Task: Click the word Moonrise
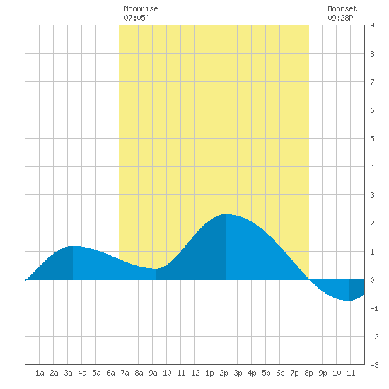(x=141, y=8)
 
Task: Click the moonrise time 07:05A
(x=137, y=18)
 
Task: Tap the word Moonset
(x=342, y=8)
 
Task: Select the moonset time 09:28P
(x=340, y=18)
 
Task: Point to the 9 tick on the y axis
(x=372, y=25)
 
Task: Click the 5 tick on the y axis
(x=372, y=139)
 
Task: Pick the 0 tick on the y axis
(x=372, y=280)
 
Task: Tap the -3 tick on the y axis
(x=375, y=365)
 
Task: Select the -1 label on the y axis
(x=375, y=308)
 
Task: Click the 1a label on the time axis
(x=40, y=373)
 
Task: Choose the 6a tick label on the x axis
(x=110, y=373)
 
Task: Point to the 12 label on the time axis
(x=195, y=373)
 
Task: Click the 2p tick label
(x=223, y=373)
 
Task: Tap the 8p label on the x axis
(x=308, y=373)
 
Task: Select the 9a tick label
(x=153, y=373)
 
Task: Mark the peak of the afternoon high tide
(x=226, y=214)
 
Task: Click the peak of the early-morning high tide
(x=73, y=247)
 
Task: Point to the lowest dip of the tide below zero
(x=349, y=300)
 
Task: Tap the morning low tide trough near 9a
(x=156, y=269)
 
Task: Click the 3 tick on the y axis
(x=372, y=195)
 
